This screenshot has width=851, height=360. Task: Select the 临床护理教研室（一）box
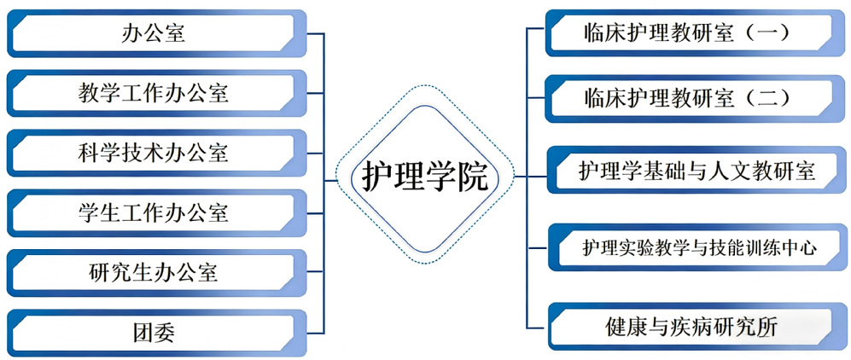(x=687, y=33)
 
